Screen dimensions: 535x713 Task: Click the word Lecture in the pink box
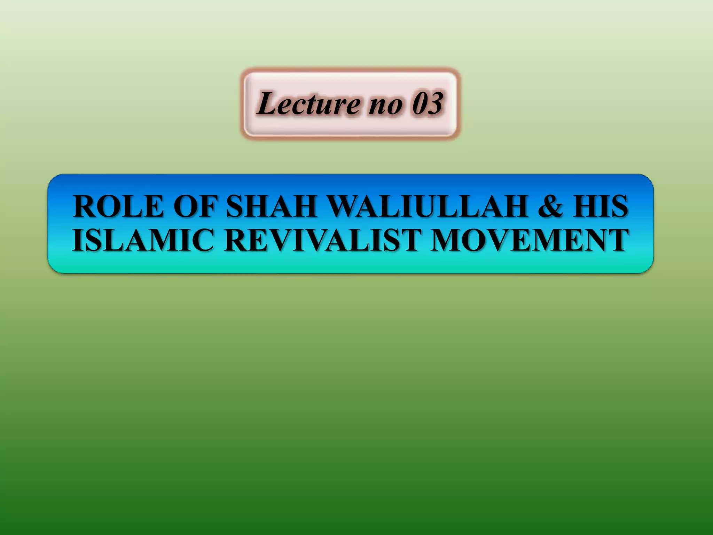coord(308,103)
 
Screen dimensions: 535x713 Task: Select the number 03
coord(428,103)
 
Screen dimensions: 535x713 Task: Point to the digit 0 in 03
coord(420,103)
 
